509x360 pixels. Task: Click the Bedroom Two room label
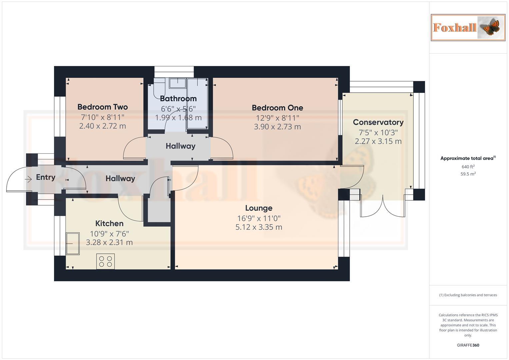[102, 107]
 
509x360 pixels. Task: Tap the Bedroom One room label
[277, 108]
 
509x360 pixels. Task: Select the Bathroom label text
[178, 99]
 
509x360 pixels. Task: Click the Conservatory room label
[378, 122]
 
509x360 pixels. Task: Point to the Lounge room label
[259, 208]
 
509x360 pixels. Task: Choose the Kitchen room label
[109, 223]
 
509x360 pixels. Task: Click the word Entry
[46, 177]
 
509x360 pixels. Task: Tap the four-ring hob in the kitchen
[106, 261]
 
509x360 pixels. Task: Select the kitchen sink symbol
[73, 244]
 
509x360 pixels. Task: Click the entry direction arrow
[28, 179]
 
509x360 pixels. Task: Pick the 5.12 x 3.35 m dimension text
[259, 227]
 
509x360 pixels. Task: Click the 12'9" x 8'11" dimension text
[277, 118]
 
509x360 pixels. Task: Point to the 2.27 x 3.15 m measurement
[378, 141]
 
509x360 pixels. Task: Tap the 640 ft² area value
[468, 167]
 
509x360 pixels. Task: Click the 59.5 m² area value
[468, 174]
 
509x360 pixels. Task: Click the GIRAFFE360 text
[468, 345]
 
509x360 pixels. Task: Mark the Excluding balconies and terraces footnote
[468, 295]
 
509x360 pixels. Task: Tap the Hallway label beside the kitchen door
[120, 179]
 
